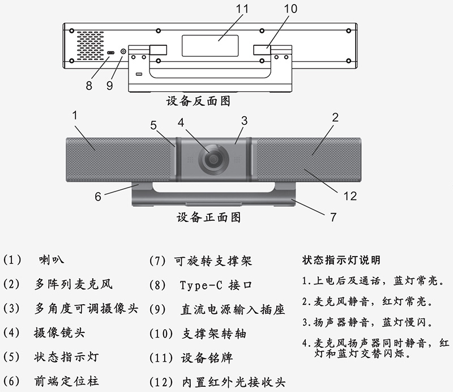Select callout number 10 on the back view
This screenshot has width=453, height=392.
click(290, 8)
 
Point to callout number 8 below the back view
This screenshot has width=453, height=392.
click(88, 86)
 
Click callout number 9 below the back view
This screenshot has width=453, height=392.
click(110, 86)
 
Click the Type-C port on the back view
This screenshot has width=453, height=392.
click(111, 52)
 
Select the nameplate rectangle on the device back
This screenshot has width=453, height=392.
click(210, 44)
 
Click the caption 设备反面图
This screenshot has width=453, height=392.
click(198, 101)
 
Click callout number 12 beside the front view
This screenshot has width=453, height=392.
click(350, 196)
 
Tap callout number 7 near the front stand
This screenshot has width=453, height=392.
click(334, 216)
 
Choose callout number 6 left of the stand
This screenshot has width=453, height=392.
click(97, 196)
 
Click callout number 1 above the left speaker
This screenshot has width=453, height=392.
click(75, 115)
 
